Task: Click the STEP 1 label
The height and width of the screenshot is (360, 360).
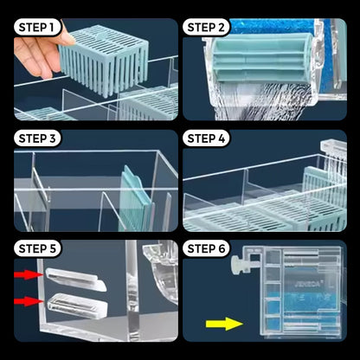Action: [37, 28]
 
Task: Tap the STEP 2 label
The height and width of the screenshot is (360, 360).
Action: [206, 28]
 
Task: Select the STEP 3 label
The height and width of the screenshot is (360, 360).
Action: [37, 138]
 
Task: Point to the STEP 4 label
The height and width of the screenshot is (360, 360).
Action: [206, 138]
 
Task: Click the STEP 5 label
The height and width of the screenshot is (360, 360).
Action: [37, 248]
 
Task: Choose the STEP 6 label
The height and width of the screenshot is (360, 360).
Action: [206, 248]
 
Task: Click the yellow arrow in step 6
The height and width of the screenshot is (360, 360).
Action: [224, 324]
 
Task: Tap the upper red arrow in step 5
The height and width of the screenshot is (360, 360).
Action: [29, 274]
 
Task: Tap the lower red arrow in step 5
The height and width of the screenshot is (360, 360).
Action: [29, 301]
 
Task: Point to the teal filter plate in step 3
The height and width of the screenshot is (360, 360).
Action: [134, 199]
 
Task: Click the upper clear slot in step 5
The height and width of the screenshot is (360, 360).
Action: [76, 279]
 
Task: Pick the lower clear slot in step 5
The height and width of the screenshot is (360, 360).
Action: [77, 305]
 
